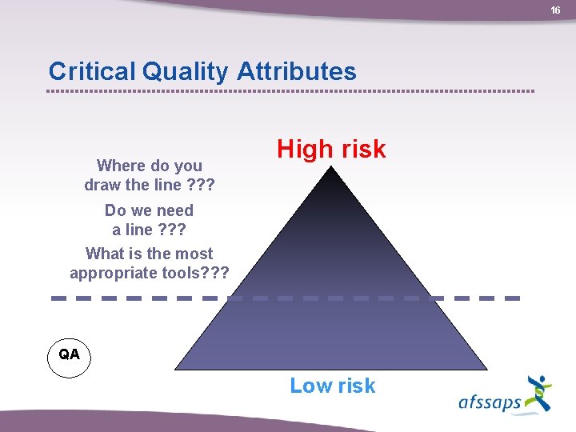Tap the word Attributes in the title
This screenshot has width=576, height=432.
[297, 72]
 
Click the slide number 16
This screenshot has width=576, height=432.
[555, 10]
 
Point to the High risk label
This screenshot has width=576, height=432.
[331, 149]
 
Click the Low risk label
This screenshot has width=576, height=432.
[332, 386]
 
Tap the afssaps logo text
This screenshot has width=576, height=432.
[490, 402]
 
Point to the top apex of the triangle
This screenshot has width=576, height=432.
[331, 166]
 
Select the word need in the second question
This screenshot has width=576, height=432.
[174, 210]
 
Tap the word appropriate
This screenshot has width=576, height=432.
[112, 273]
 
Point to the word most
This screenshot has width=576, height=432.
[194, 254]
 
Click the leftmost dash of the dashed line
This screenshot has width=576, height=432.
[58, 298]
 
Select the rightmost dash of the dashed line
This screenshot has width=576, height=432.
[513, 298]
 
